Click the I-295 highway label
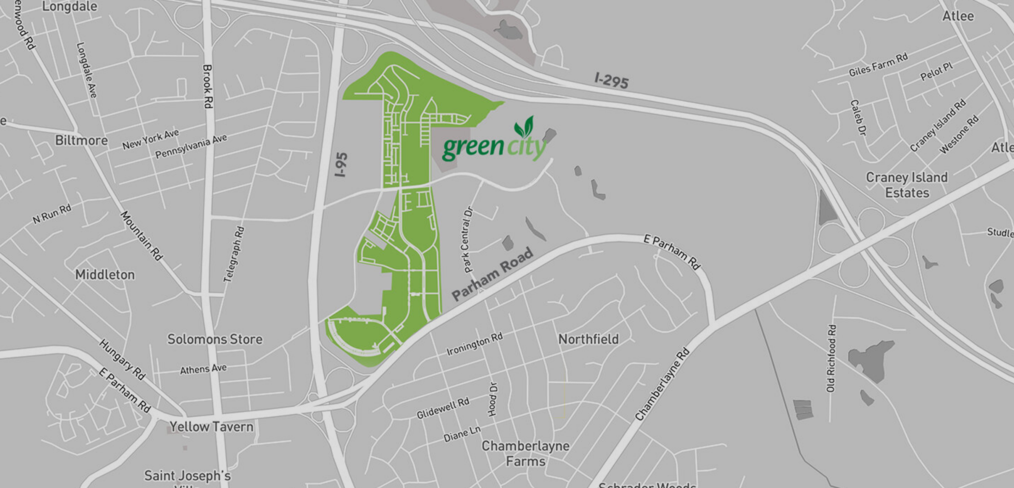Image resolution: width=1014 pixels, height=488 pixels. coord(611,80)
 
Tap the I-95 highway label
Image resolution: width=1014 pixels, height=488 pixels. coord(341,164)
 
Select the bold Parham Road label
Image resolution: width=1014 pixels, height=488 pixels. coord(492,274)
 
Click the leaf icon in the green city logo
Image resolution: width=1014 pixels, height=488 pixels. coord(524,127)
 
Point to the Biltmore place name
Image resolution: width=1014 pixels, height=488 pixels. coord(81,141)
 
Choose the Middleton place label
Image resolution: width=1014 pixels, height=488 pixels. coord(105,275)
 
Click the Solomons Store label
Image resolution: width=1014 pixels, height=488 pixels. coord(215,339)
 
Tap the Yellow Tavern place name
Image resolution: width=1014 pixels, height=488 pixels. coord(211,427)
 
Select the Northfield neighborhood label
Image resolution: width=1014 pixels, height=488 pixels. coord(588,339)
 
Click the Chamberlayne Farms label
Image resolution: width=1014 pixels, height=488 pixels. coord(526,453)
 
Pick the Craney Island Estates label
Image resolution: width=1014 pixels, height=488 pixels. coord(907,185)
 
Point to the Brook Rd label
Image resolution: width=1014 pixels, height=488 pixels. coord(208,86)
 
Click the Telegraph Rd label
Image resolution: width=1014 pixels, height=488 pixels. coord(234,254)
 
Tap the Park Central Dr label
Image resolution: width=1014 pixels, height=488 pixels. coord(467,240)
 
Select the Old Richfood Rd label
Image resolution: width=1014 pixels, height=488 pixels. coord(831,358)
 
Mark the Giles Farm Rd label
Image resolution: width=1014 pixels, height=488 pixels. coord(878,65)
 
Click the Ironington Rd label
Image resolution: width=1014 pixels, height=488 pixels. coord(474,344)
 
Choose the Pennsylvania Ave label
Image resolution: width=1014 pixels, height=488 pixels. coord(191,146)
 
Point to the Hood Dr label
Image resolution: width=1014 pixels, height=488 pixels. coord(493,399)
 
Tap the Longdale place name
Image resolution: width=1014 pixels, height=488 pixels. coord(69,7)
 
